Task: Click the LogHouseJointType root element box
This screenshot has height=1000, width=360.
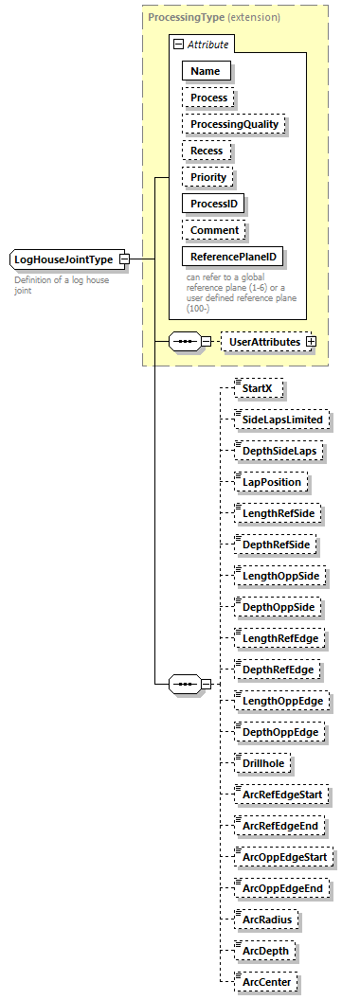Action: point(63,259)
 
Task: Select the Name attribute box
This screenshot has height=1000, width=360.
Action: point(206,70)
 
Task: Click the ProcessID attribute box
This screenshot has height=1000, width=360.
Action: point(213,204)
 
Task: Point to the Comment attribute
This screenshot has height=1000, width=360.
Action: point(214,230)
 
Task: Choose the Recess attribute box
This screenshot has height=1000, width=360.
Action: point(207,151)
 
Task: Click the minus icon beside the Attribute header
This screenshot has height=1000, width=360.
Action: point(177,45)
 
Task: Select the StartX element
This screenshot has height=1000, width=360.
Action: point(258,389)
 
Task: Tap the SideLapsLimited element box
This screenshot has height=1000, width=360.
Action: point(280,420)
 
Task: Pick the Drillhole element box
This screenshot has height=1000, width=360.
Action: point(263,763)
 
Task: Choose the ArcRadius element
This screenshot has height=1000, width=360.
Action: point(268,920)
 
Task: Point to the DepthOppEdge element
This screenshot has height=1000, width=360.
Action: point(280,732)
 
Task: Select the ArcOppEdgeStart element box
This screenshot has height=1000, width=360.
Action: point(284,857)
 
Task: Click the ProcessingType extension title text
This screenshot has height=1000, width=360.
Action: point(213,17)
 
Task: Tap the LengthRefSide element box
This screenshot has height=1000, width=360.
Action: point(278,514)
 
